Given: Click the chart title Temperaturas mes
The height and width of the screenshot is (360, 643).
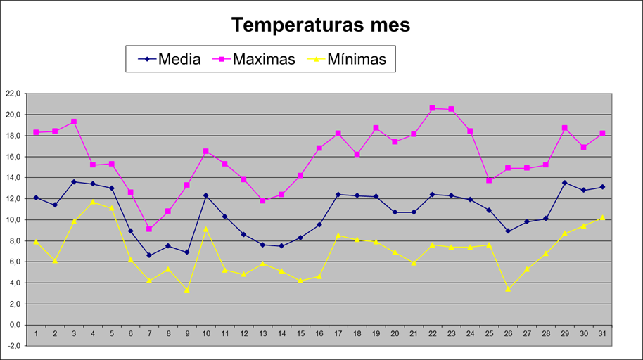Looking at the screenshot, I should (x=321, y=25).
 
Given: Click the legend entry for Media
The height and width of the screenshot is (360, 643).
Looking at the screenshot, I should (x=179, y=59).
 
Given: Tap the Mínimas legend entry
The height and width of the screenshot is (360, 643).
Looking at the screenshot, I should (x=357, y=59).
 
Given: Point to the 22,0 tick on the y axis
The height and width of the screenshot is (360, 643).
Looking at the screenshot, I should (x=13, y=94).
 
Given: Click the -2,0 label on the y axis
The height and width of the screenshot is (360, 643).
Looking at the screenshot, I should (x=13, y=346).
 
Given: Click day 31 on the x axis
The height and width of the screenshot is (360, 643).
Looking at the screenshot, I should (x=601, y=333).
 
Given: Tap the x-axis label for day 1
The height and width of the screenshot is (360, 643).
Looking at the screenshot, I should (x=36, y=333).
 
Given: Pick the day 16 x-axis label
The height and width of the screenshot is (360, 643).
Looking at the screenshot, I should (x=319, y=333).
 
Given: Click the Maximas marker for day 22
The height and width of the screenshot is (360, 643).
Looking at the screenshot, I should (x=432, y=108).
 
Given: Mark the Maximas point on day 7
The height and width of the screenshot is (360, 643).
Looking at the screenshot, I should (x=149, y=229).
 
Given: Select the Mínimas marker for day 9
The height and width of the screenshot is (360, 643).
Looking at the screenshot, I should (x=187, y=290).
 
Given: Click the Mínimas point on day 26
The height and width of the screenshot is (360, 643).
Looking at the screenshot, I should (x=507, y=288).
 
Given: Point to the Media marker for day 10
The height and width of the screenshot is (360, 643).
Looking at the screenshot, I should (x=205, y=195).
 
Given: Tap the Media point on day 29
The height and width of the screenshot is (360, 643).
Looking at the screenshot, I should (x=564, y=183).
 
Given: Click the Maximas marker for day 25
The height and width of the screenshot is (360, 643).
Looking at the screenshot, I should (x=489, y=181).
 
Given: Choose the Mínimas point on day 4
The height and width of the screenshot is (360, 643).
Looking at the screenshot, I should (x=93, y=202).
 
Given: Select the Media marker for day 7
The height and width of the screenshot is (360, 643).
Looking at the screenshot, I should (x=149, y=255).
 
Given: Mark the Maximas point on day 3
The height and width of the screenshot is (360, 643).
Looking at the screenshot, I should (x=74, y=122).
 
